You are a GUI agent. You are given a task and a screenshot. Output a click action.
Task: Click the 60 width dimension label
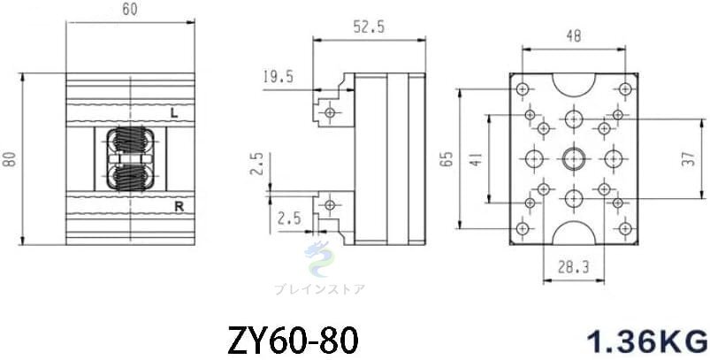pos(130,10)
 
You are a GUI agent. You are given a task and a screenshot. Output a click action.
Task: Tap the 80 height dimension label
pos(10,159)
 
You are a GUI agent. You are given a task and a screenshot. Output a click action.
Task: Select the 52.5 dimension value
pos(369,27)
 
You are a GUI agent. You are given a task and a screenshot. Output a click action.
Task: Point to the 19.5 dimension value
pos(278,77)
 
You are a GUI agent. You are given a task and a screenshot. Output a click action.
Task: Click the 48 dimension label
pos(574,35)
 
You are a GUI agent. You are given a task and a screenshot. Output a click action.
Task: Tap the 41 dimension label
pos(475,159)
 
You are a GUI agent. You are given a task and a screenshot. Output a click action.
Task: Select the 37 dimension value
pos(688,159)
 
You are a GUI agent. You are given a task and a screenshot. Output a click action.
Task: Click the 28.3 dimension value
pos(573,268)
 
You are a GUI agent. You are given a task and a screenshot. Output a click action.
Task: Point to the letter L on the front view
pos(174,113)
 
